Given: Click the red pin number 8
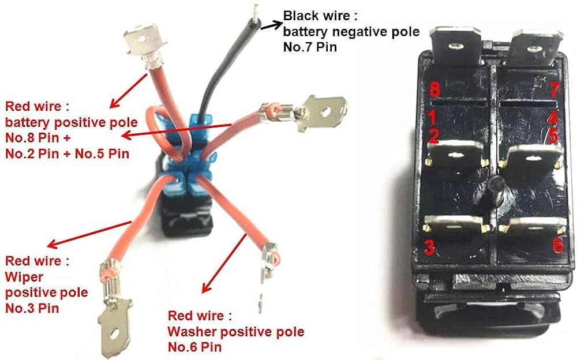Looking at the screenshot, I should [435, 89].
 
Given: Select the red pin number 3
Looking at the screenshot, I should [429, 246].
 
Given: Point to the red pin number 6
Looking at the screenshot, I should [557, 245].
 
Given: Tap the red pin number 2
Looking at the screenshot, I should [433, 136].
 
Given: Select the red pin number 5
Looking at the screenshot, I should [553, 136].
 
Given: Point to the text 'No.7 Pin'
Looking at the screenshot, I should [310, 47].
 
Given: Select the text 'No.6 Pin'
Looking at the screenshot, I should [195, 347].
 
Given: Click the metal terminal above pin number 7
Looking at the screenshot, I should [533, 48].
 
